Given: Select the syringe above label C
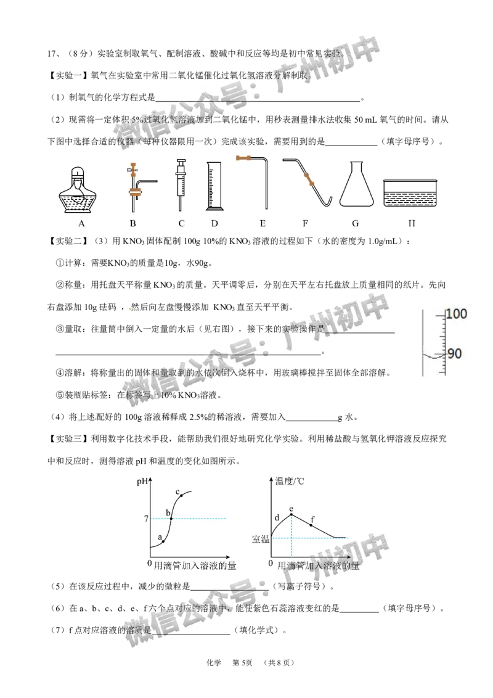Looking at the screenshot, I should [x=181, y=182].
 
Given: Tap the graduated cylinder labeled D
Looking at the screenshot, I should [x=213, y=185].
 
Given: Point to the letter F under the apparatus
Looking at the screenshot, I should [x=305, y=224].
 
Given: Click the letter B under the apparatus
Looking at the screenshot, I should [x=132, y=224].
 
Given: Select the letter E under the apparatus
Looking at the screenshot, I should [x=263, y=224].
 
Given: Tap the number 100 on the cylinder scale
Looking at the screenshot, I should [x=457, y=314].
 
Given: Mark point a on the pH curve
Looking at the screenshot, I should [x=163, y=541].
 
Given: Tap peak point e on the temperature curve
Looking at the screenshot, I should [x=291, y=514].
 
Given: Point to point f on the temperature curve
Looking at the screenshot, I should [x=312, y=525].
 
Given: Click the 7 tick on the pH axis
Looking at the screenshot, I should [x=145, y=519].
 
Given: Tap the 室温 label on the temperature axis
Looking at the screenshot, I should [x=261, y=539].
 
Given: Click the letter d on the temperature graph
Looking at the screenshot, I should [x=277, y=517].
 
